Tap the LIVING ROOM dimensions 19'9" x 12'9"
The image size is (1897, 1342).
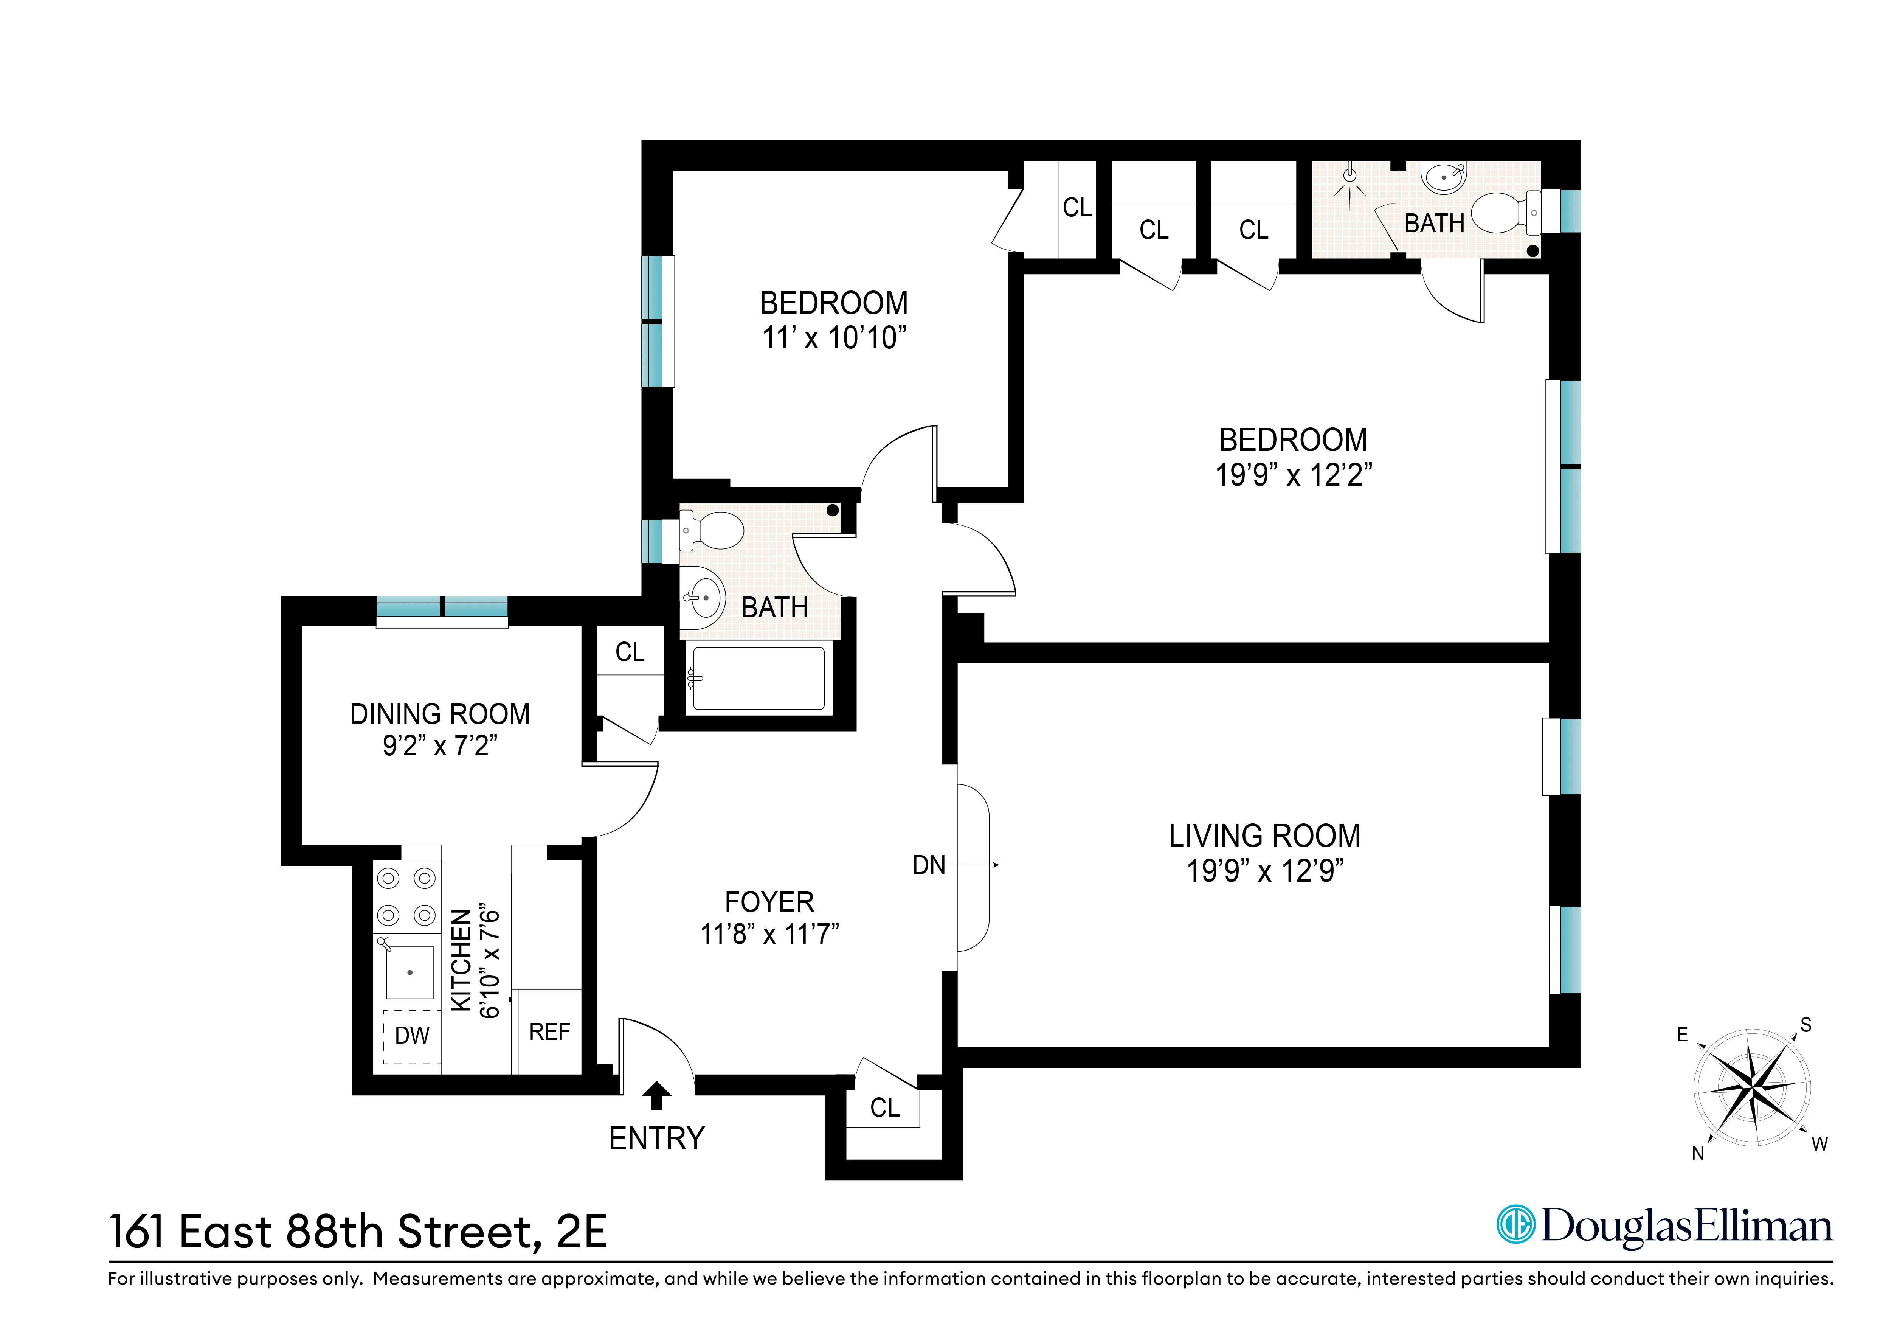coord(1265,871)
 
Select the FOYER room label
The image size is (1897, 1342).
coord(769,902)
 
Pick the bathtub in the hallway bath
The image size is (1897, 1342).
coord(758,679)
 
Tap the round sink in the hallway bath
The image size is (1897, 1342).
coord(705,596)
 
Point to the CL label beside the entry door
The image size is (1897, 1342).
coord(885,1107)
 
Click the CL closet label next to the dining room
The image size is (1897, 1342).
coord(630,652)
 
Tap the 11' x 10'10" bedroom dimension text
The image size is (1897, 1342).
coord(834,338)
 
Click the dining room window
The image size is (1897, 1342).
coord(442,607)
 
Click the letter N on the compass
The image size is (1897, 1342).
coord(1698,1153)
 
